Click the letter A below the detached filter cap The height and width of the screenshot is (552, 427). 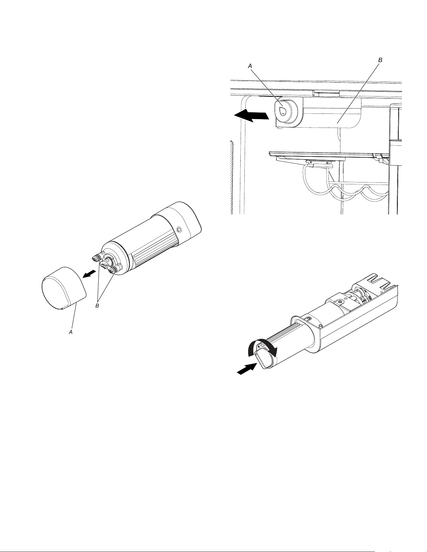[71, 332]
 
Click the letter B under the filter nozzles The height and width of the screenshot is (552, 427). [97, 306]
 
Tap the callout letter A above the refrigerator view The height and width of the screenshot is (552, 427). [250, 66]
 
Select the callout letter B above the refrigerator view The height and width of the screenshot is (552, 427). [380, 60]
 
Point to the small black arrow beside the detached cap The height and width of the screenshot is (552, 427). [89, 273]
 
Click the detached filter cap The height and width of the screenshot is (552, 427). [64, 288]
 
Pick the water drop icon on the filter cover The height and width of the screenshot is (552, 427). [282, 110]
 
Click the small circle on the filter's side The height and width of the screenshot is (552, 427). [179, 230]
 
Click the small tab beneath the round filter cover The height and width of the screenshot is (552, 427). [280, 128]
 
